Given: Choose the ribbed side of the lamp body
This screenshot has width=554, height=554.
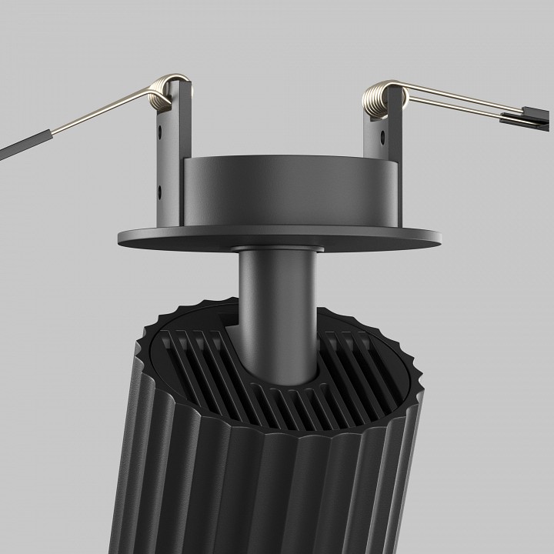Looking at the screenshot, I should point(231,492).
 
